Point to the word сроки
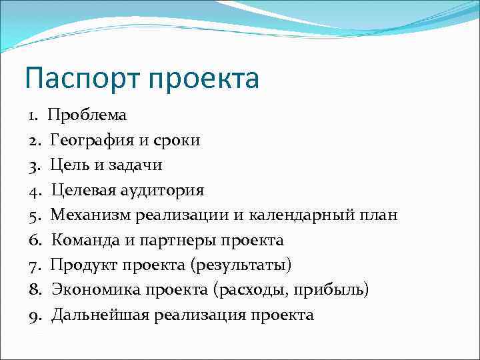point(177,140)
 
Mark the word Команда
point(85,240)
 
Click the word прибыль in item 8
point(333,290)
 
